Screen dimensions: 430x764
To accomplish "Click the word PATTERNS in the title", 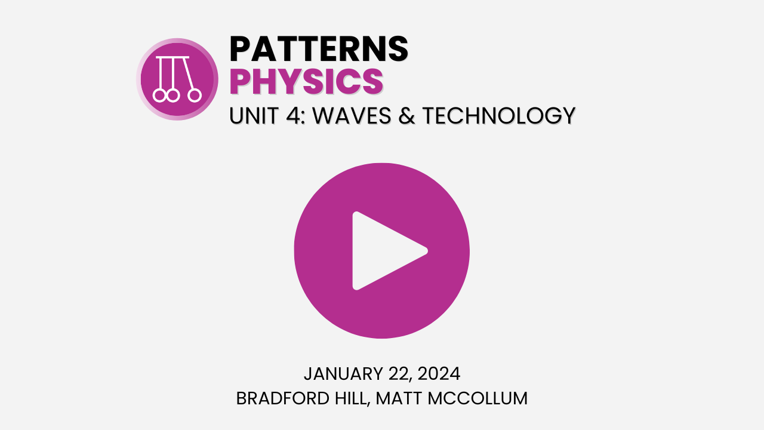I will coord(319,49).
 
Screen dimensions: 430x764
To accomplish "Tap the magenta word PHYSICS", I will coord(306,82).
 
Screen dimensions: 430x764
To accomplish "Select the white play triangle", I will coord(385,251).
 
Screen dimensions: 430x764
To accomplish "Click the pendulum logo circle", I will coord(177,79).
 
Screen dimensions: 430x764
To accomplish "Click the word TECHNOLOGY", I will coord(498,115).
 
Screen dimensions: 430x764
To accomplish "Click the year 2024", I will coord(439,374).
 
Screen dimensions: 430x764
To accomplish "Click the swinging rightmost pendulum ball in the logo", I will coord(195,96).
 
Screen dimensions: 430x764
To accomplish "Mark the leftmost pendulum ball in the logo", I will coord(159,96).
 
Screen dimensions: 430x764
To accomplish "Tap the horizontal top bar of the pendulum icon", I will coord(172,57).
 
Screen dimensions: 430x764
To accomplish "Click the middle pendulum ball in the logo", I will coord(173,96).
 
